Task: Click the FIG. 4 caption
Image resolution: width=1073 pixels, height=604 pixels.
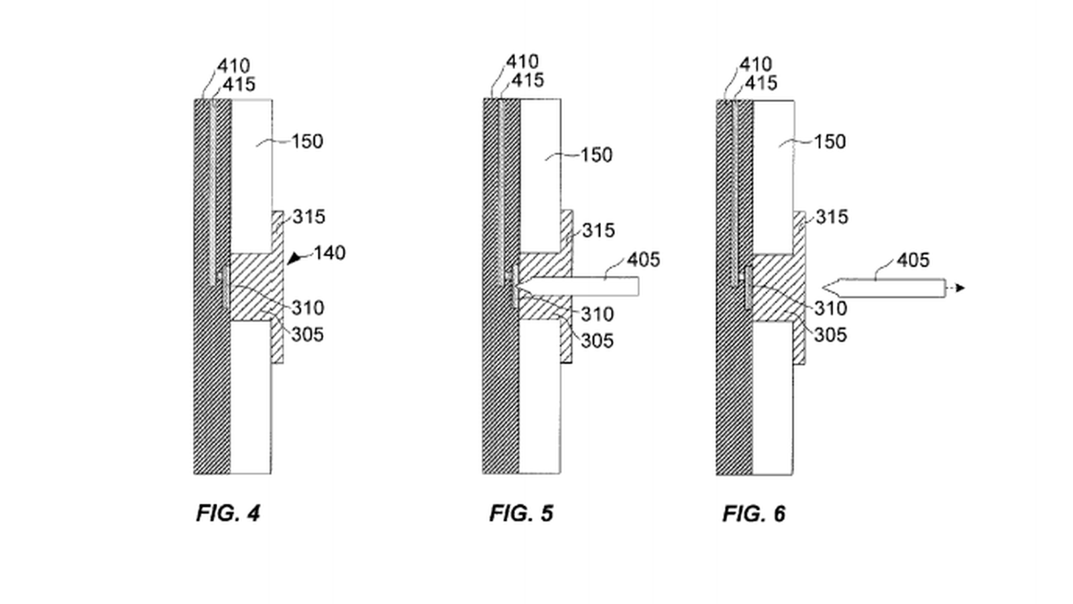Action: tap(228, 513)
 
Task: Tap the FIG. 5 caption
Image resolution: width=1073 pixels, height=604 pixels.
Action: tap(521, 513)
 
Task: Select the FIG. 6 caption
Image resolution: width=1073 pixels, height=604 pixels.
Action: tap(754, 514)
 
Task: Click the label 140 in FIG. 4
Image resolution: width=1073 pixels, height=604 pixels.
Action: tap(329, 253)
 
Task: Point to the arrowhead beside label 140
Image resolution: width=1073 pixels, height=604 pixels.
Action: tap(293, 258)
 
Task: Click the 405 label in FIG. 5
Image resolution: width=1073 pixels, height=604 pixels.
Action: tap(644, 260)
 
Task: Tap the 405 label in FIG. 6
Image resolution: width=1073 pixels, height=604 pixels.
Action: tap(913, 260)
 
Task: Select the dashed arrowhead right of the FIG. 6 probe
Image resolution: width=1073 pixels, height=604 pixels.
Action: tap(960, 289)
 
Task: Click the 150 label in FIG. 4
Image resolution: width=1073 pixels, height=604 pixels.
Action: tap(307, 142)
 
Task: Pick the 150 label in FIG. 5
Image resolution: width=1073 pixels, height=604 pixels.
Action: tap(596, 155)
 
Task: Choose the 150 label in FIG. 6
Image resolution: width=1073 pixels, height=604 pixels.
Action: tap(830, 142)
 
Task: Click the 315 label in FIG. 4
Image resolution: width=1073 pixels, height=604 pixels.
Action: tap(308, 217)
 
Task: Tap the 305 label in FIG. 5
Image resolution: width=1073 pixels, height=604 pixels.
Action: tap(597, 341)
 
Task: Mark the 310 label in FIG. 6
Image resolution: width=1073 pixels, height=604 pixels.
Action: tap(830, 309)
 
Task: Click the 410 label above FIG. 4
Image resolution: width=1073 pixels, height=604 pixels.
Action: tap(233, 66)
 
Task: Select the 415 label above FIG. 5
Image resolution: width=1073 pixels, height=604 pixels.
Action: tap(528, 81)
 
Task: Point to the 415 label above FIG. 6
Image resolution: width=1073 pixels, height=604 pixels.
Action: tap(761, 83)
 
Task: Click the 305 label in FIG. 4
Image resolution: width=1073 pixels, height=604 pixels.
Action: tap(307, 334)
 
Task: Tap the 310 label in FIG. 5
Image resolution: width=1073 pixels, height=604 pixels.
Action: tap(597, 314)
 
